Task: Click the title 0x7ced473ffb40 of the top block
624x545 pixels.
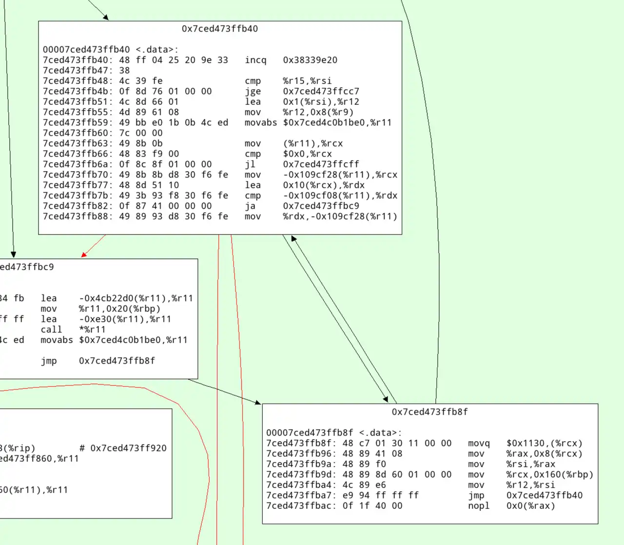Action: (x=219, y=29)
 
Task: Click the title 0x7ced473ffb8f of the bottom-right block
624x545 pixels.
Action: (x=429, y=412)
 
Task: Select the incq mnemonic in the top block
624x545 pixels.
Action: (x=255, y=60)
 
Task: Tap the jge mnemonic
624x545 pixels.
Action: (x=253, y=92)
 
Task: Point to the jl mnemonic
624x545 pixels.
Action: (x=250, y=164)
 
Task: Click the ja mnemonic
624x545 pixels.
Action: (x=250, y=206)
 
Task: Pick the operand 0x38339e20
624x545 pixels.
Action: (x=310, y=60)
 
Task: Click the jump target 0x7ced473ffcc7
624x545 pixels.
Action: (x=321, y=92)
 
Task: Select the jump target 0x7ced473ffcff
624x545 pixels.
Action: (x=321, y=164)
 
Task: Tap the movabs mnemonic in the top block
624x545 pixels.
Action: (x=261, y=123)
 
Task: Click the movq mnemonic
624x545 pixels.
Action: (x=479, y=444)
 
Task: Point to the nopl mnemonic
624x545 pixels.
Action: (x=479, y=506)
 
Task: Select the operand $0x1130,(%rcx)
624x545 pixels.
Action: (x=545, y=444)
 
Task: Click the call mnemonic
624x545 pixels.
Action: (x=51, y=330)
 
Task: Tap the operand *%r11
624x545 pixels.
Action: (x=93, y=330)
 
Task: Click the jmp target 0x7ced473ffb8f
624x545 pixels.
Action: (x=117, y=361)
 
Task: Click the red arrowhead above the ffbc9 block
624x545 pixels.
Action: (x=84, y=254)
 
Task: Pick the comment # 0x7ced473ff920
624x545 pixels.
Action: (x=123, y=448)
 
